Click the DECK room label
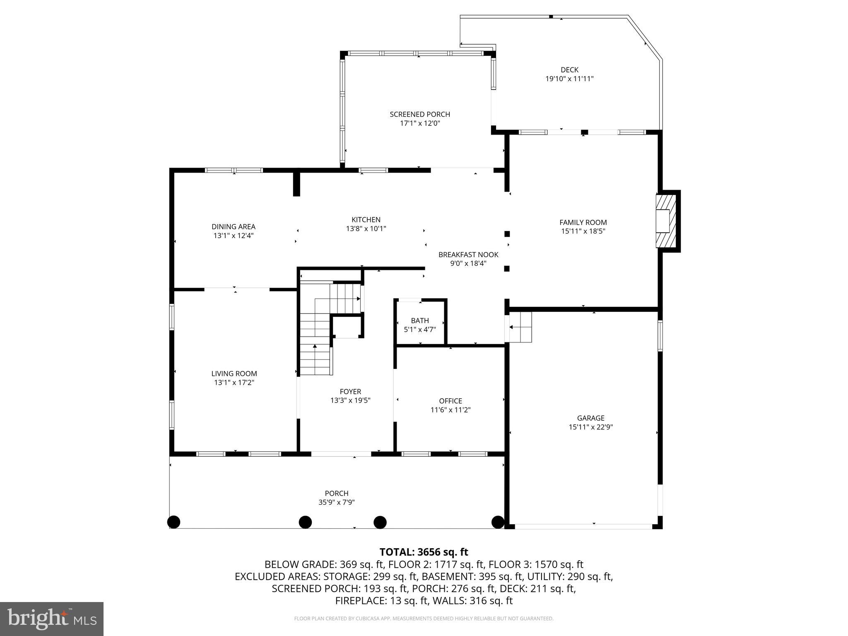coord(569,70)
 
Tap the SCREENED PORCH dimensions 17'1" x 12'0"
coord(419,123)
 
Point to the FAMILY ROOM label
coord(583,222)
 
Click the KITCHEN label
coord(366,220)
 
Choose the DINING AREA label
coord(234,226)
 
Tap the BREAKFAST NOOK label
coord(468,255)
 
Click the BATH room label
coord(420,320)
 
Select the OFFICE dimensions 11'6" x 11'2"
coord(450,410)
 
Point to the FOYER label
coord(350,392)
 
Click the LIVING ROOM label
coord(234,373)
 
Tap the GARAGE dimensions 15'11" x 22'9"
coord(590,427)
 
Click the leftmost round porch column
coord(173,522)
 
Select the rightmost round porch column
coord(498,522)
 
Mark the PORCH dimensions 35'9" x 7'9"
coord(336,502)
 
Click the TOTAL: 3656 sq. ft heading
coord(424,552)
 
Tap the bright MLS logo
coord(51,619)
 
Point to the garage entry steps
coord(520,327)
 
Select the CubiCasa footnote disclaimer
coord(424,619)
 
